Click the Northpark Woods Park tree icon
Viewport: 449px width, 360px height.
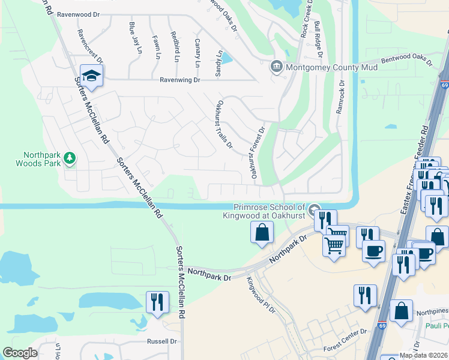[x=70, y=157]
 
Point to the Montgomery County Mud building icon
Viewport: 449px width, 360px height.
[x=277, y=66]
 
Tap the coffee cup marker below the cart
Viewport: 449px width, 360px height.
[x=373, y=250]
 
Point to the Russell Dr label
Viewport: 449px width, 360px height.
[x=162, y=341]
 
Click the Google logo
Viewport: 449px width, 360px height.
[x=20, y=353]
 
